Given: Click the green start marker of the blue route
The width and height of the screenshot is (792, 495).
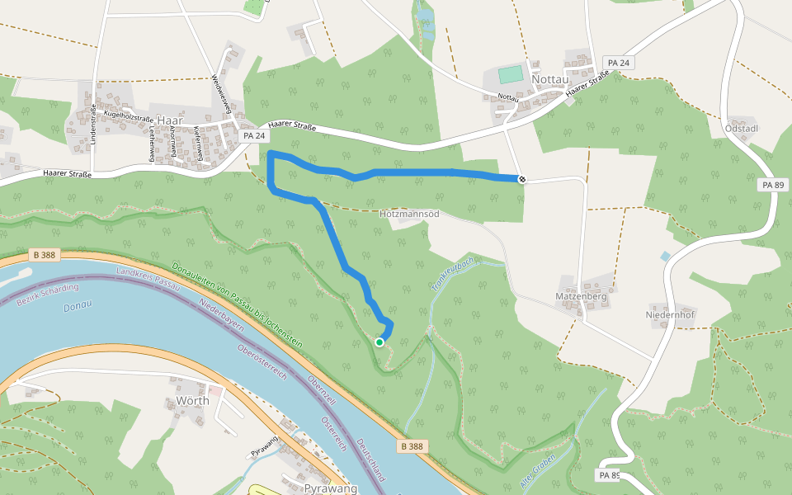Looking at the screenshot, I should click(x=379, y=342).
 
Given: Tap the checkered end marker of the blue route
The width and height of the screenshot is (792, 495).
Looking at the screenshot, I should click(x=521, y=179).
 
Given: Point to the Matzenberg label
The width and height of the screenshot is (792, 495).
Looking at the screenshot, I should click(x=582, y=296).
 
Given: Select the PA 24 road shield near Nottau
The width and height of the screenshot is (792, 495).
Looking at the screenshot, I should click(x=618, y=63).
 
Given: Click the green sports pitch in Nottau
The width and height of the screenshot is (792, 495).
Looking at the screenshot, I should click(x=511, y=74).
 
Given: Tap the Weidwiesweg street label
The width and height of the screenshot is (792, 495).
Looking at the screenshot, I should click(x=219, y=94).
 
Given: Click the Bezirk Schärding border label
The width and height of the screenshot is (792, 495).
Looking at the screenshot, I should click(x=48, y=294).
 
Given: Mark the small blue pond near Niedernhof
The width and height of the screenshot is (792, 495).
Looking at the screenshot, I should click(x=665, y=257).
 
